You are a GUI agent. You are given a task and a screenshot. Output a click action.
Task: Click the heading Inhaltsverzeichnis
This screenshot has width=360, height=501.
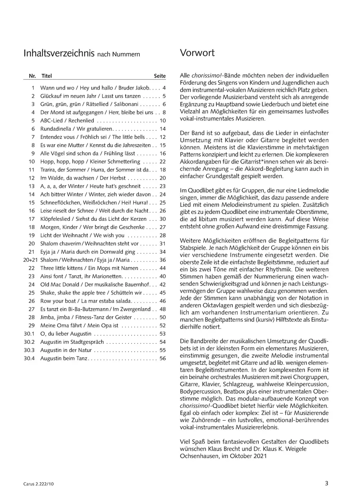59,53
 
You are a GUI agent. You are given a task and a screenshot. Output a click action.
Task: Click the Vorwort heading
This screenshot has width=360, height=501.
197,53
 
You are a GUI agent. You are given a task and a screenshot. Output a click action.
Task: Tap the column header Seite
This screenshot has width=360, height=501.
160,76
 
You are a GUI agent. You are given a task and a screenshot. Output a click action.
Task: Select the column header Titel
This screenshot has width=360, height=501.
46,76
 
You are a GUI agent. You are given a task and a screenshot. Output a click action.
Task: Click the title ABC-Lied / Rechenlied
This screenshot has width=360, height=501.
67,120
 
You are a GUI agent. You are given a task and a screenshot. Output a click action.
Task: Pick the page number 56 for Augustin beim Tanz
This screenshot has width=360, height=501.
162,359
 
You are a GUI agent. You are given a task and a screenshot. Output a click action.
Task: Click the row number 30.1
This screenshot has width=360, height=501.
30,334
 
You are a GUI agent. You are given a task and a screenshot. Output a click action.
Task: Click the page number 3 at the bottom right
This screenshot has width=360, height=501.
326,483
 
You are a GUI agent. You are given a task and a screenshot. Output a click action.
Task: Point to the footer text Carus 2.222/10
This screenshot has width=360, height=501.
38,484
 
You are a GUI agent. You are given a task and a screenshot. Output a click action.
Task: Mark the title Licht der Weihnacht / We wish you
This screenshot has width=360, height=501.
82,235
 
